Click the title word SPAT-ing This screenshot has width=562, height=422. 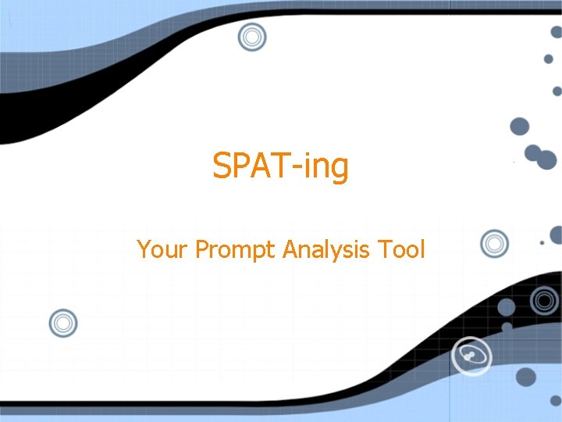281,166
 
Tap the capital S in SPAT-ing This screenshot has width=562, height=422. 222,166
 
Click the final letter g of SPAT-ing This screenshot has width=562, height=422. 338,170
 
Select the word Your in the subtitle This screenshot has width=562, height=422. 162,249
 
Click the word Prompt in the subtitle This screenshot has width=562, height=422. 236,251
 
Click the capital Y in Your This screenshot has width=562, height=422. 144,249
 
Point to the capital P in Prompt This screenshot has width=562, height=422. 201,249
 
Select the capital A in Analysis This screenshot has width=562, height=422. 290,249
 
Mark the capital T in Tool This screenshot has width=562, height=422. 383,249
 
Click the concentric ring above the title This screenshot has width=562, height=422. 252,36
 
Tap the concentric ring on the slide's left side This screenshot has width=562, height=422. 63,323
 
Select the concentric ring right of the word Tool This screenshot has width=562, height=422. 494,244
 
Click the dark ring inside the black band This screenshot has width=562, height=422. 544,300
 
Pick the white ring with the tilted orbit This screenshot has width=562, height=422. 473,357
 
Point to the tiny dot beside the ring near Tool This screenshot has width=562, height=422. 542,243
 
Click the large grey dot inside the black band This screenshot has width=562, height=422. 507,307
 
